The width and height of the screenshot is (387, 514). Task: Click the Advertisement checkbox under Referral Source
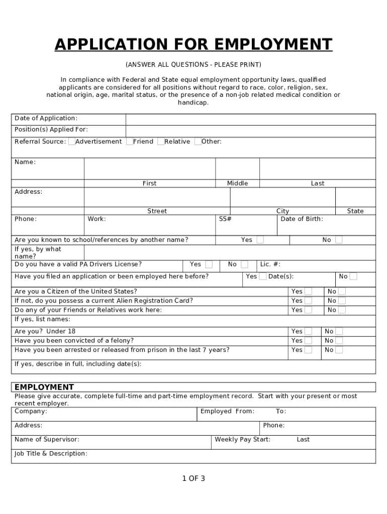pos(72,142)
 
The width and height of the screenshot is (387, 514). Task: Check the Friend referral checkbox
pos(130,142)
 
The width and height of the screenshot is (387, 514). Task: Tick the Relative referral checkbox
pos(161,142)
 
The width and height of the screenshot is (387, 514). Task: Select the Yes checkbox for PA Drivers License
pos(209,265)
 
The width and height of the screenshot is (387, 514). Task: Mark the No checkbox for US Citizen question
pos(342,292)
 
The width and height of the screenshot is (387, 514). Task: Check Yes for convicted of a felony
pos(308,341)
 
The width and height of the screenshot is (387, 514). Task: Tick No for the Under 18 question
pos(339,331)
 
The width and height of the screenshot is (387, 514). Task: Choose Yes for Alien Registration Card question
pos(308,301)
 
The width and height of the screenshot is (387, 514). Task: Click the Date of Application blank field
pos(250,119)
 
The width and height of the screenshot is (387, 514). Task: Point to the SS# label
pos(225,219)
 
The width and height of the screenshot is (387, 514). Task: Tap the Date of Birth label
pos(302,219)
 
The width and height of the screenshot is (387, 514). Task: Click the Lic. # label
pos(270,265)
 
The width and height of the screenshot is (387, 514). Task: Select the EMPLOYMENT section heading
pos(44,387)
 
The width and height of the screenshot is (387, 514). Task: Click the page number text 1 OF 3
pos(193,478)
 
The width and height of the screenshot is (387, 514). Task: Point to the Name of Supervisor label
pos(47,440)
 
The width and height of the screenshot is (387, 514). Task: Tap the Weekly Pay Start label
pos(242,440)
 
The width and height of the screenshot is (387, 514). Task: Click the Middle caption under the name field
pos(237,184)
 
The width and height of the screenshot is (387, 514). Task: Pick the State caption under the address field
pos(355,211)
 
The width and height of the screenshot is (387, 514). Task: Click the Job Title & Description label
pos(51,454)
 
